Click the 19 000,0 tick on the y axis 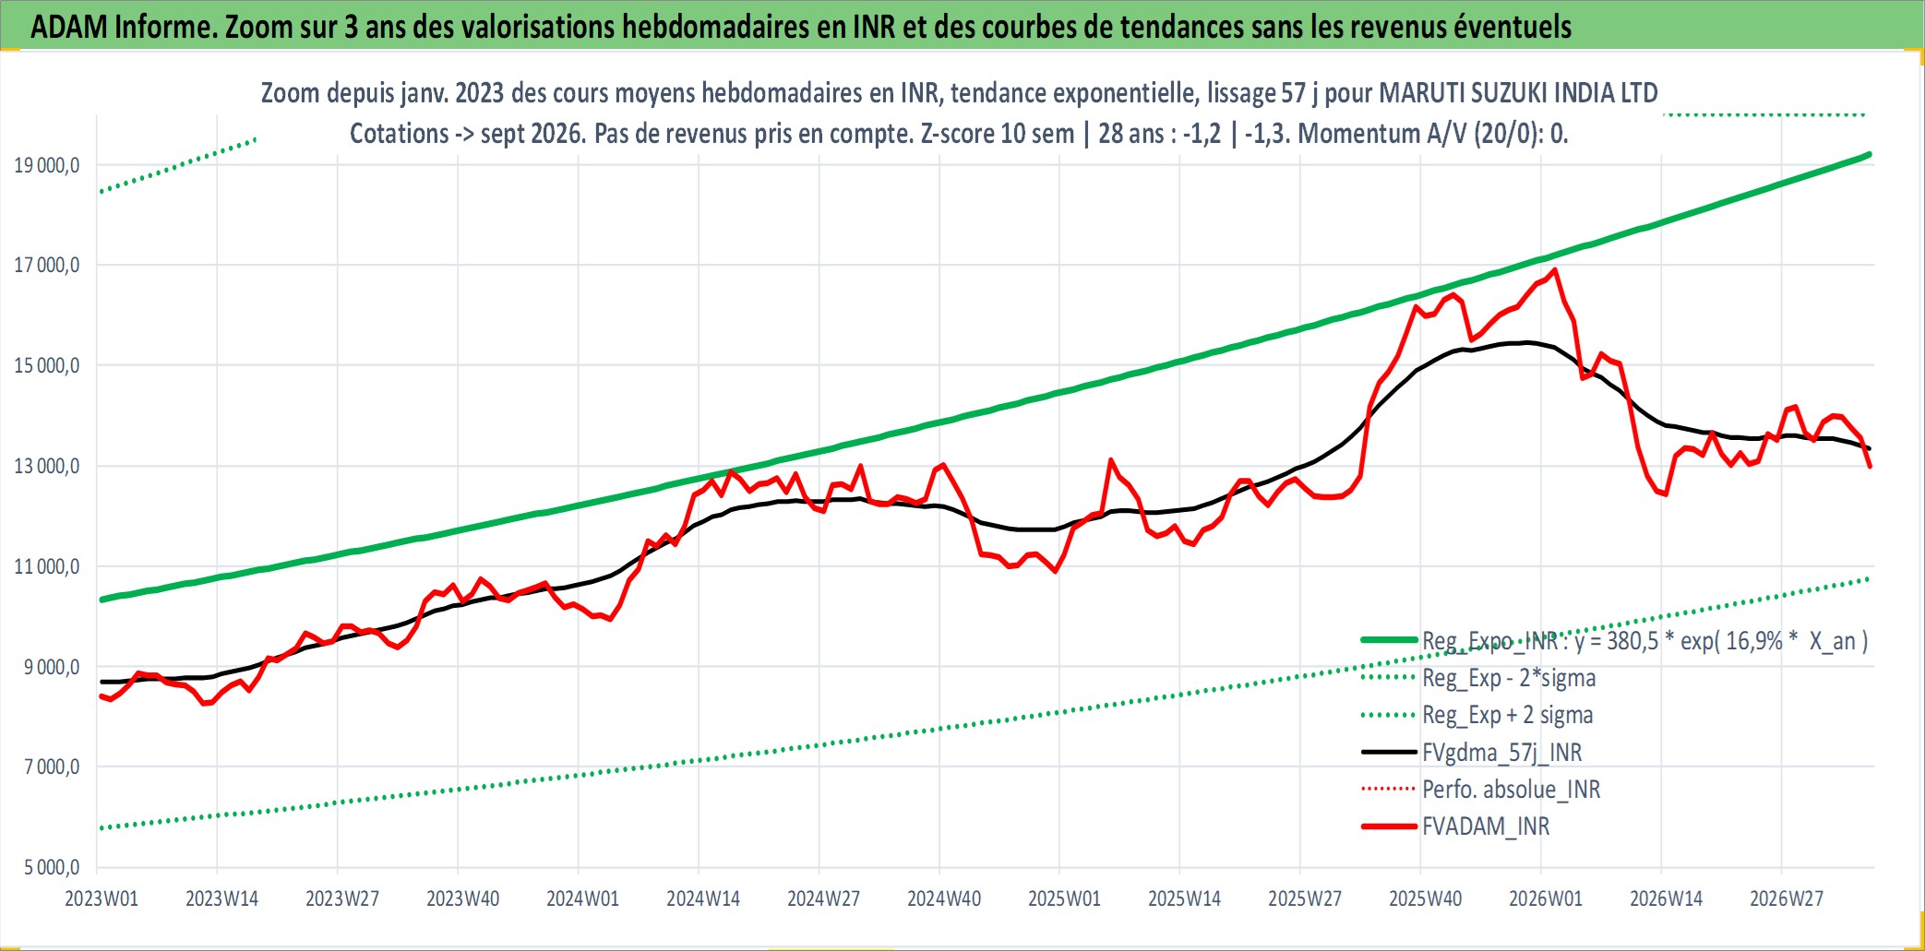pos(47,165)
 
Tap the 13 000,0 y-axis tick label pos(47,466)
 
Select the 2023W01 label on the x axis pos(102,898)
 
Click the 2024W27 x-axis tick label pos(823,898)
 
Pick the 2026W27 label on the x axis pos(1787,898)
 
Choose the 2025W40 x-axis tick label pos(1426,898)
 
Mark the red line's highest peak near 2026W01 pos(1555,269)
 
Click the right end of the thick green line pos(1869,154)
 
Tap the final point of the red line pos(1870,467)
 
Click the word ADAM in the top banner pos(69,27)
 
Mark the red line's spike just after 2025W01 pos(1111,459)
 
